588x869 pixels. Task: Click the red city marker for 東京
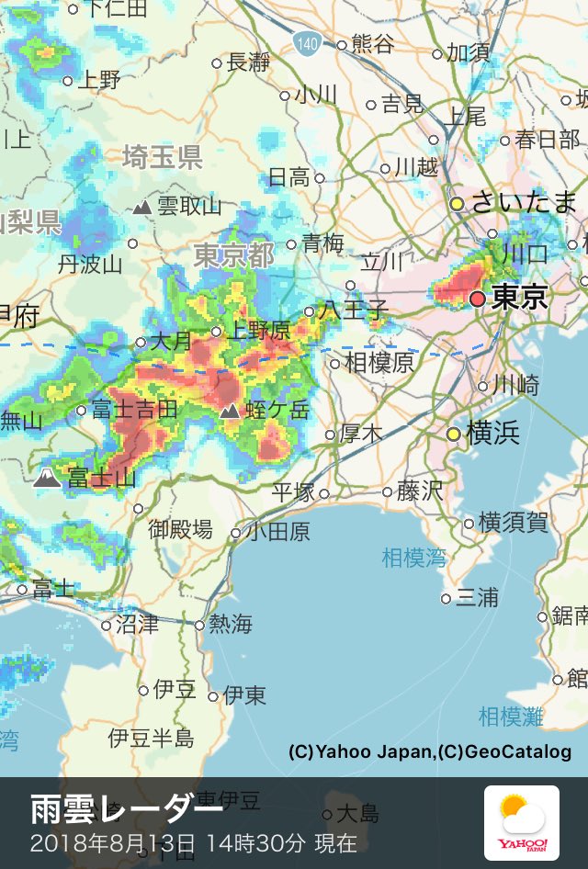pyautogui.click(x=477, y=299)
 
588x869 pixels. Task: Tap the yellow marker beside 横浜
pyautogui.click(x=453, y=433)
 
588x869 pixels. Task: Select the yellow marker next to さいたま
pyautogui.click(x=457, y=203)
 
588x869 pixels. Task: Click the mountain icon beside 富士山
pyautogui.click(x=47, y=477)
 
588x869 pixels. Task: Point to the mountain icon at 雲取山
pyautogui.click(x=141, y=208)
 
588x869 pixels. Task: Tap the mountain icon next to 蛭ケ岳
pyautogui.click(x=230, y=410)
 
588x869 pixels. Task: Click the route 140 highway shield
pyautogui.click(x=307, y=42)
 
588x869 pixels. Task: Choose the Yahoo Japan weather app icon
pyautogui.click(x=521, y=823)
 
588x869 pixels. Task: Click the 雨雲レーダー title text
pyautogui.click(x=127, y=810)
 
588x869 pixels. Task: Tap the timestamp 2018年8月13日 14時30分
pyautogui.click(x=194, y=843)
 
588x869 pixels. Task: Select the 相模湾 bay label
pyautogui.click(x=413, y=557)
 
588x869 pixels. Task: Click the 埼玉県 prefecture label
pyautogui.click(x=163, y=157)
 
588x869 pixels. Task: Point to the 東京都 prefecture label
pyautogui.click(x=233, y=255)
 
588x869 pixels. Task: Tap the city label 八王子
pyautogui.click(x=354, y=310)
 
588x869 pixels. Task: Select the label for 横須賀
pyautogui.click(x=514, y=523)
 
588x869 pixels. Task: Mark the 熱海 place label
pyautogui.click(x=230, y=625)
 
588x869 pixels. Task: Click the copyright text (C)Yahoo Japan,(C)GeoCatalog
pyautogui.click(x=430, y=752)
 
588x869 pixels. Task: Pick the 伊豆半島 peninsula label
pyautogui.click(x=151, y=738)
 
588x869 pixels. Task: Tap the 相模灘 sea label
pyautogui.click(x=511, y=716)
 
